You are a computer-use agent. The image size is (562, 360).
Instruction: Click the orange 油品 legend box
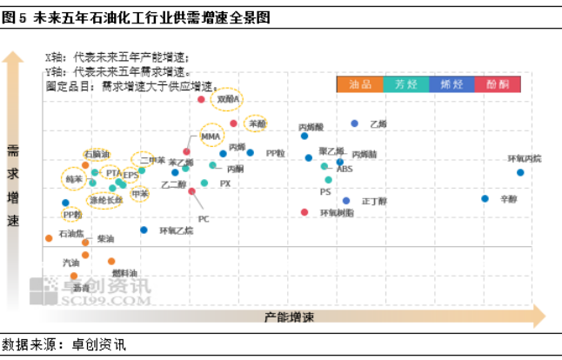pyautogui.click(x=359, y=84)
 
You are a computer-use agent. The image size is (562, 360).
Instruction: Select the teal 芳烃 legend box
pyautogui.click(x=405, y=84)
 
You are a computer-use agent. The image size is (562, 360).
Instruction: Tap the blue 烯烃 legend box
pyautogui.click(x=452, y=84)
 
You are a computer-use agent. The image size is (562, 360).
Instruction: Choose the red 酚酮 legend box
pyautogui.click(x=498, y=84)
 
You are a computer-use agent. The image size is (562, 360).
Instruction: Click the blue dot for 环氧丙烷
pyautogui.click(x=520, y=172)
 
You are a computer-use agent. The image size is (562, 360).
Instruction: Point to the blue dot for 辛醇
pyautogui.click(x=485, y=198)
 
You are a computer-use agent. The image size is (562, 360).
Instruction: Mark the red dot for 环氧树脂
pyautogui.click(x=304, y=212)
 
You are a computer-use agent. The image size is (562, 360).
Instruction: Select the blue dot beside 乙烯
pyautogui.click(x=354, y=123)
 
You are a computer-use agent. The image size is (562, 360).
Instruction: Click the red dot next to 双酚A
pyautogui.click(x=201, y=99)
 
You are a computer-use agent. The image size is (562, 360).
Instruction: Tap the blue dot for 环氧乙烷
pyautogui.click(x=144, y=230)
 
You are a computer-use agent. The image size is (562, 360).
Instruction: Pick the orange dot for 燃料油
pyautogui.click(x=111, y=261)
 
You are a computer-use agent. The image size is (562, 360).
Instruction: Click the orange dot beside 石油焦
pyautogui.click(x=49, y=237)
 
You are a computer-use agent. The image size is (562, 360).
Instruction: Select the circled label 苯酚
pyautogui.click(x=257, y=123)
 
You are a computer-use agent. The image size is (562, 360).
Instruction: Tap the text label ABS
pyautogui.click(x=345, y=169)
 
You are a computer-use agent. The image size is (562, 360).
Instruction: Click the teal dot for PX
pyautogui.click(x=204, y=183)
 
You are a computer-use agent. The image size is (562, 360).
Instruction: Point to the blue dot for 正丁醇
pyautogui.click(x=345, y=200)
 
